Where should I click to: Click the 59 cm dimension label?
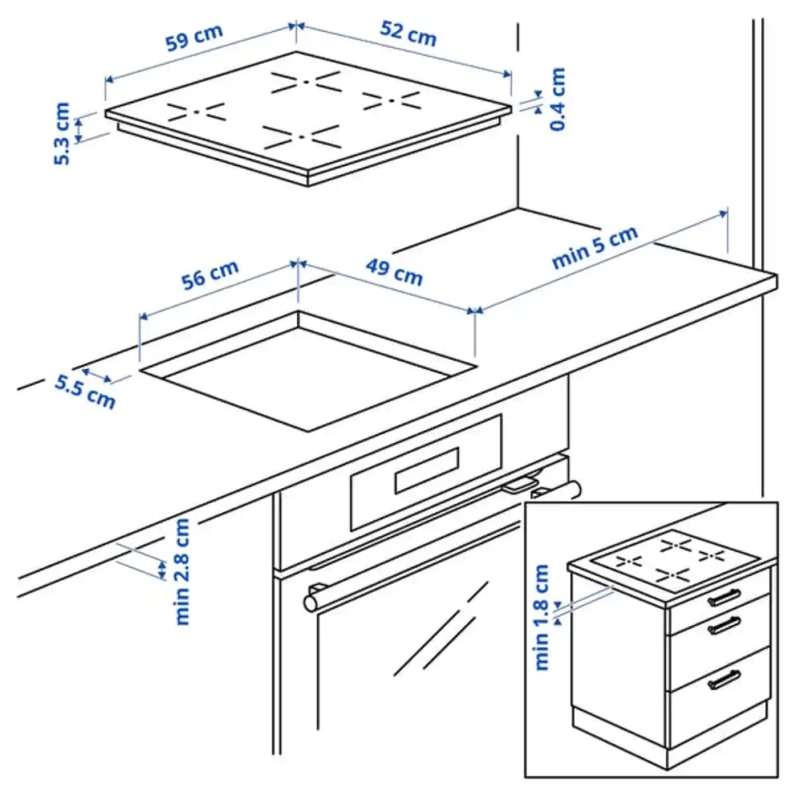(x=194, y=40)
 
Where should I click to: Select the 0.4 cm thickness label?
(x=559, y=99)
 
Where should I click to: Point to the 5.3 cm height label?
(x=62, y=133)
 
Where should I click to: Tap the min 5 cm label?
(x=594, y=247)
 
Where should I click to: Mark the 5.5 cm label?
(x=85, y=391)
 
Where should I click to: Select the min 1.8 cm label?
(x=543, y=617)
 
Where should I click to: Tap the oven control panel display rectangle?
(x=427, y=470)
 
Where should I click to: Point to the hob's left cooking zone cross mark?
(x=196, y=111)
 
